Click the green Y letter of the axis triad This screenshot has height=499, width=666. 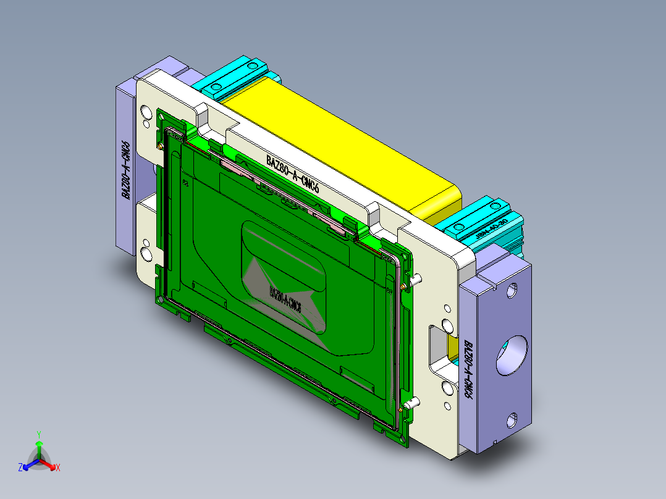(38, 434)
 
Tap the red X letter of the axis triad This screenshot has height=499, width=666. (58, 468)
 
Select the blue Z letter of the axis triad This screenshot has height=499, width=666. (20, 468)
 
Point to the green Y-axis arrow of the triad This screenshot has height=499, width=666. (38, 448)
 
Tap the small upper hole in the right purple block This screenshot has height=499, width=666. (512, 290)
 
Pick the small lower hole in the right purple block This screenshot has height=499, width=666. (512, 421)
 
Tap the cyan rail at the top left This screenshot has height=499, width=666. (235, 77)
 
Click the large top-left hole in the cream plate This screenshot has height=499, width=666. (146, 112)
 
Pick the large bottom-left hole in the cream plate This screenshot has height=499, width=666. (146, 253)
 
